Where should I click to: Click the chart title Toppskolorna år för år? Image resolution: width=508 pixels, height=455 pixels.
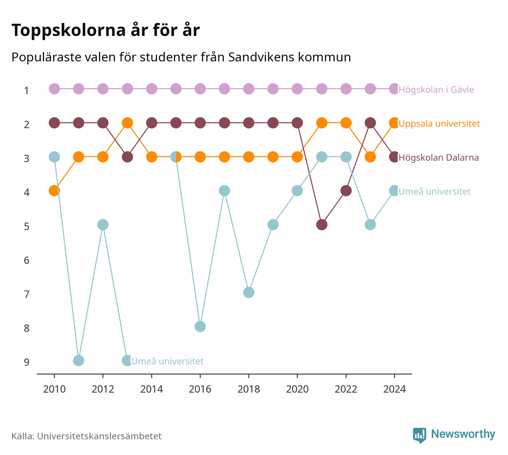pyautogui.click(x=105, y=30)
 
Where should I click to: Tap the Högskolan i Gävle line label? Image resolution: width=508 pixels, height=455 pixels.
pyautogui.click(x=436, y=90)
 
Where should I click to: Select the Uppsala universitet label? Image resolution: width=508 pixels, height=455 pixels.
pyautogui.click(x=439, y=123)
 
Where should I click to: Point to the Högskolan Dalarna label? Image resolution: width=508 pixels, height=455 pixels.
pyautogui.click(x=439, y=158)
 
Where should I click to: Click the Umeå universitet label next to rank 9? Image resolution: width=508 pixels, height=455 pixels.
pyautogui.click(x=167, y=361)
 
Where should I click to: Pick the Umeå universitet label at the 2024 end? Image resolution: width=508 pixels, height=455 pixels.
pyautogui.click(x=434, y=191)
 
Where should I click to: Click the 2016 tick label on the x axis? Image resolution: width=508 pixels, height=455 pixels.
pyautogui.click(x=200, y=389)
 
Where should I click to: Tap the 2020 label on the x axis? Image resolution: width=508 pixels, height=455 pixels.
pyautogui.click(x=297, y=389)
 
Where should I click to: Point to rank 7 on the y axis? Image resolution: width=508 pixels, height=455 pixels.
pyautogui.click(x=27, y=294)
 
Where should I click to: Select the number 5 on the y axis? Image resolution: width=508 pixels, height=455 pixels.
pyautogui.click(x=27, y=226)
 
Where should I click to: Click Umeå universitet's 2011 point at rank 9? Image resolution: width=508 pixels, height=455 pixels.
pyautogui.click(x=78, y=360)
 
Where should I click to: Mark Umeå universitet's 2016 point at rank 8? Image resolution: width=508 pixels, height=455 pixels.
pyautogui.click(x=200, y=327)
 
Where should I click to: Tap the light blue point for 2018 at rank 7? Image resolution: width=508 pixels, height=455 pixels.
pyautogui.click(x=249, y=293)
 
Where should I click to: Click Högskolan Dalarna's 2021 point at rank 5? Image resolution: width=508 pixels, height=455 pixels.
pyautogui.click(x=322, y=224)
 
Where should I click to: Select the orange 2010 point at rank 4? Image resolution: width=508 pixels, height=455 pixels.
pyautogui.click(x=54, y=191)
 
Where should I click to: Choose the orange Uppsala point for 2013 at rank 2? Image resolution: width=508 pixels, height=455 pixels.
pyautogui.click(x=127, y=123)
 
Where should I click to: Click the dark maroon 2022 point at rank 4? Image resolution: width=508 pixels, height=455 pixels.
pyautogui.click(x=346, y=191)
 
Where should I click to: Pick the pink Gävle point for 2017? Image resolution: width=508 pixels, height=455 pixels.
pyautogui.click(x=224, y=89)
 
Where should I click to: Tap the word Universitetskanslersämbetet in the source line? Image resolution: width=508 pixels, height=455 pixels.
pyautogui.click(x=99, y=436)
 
